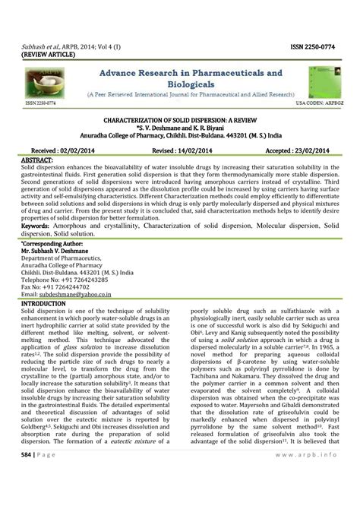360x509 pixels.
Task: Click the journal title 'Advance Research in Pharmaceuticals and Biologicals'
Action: point(188,77)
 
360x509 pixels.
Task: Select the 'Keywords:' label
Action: point(35,226)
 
